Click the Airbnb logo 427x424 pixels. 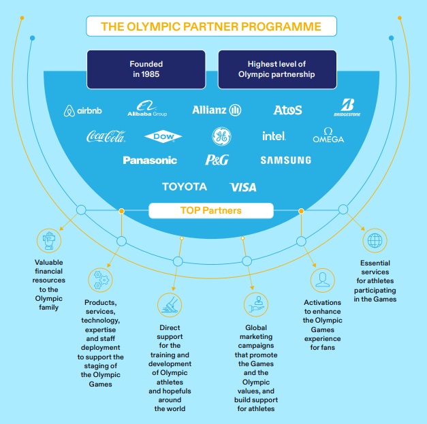pos(84,111)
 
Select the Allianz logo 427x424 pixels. pos(217,110)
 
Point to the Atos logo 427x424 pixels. pos(287,110)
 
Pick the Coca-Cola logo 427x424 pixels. pos(106,136)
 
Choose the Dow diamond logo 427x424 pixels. pos(163,137)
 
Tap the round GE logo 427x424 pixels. pos(221,135)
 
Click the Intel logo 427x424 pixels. pos(274,136)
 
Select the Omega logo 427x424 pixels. pos(328,135)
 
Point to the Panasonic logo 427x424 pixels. pos(150,161)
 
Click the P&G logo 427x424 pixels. pos(218,161)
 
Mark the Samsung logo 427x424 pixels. pos(285,161)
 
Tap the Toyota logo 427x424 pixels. pos(184,186)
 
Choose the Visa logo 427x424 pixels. pos(243,186)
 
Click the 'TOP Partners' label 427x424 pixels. pos(216,211)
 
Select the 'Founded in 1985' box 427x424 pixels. pos(146,69)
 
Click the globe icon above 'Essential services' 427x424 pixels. pos(374,240)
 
